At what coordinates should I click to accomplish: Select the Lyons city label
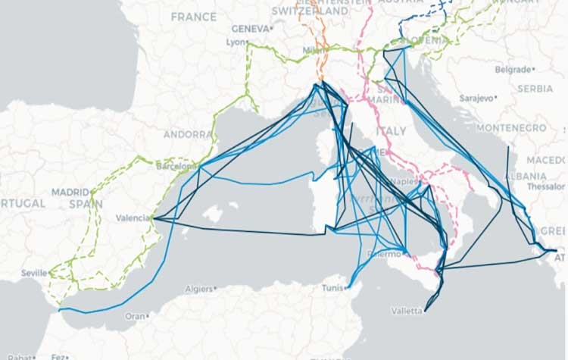pyautogui.click(x=236, y=42)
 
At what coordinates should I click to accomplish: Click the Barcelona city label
pyautogui.click(x=173, y=164)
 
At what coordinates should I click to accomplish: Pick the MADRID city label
pyautogui.click(x=70, y=193)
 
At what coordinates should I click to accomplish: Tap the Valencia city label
pyautogui.click(x=133, y=218)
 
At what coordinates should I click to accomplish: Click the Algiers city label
pyautogui.click(x=199, y=289)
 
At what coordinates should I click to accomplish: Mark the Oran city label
pyautogui.click(x=134, y=315)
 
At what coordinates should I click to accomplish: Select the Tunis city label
pyautogui.click(x=332, y=288)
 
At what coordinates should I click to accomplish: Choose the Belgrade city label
pyautogui.click(x=513, y=69)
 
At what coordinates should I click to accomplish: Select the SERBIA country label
pyautogui.click(x=535, y=88)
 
